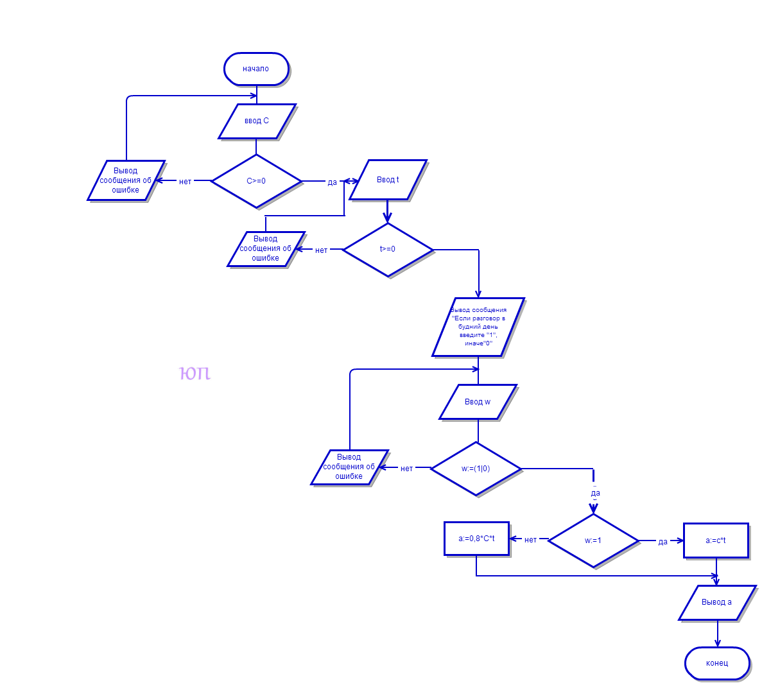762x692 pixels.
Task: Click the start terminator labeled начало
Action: [256, 69]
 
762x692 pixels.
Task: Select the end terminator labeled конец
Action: [717, 663]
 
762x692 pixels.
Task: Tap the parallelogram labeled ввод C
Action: [257, 121]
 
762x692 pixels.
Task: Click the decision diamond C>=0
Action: [256, 181]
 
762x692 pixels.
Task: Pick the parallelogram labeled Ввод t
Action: [388, 180]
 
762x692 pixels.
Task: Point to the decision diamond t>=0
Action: [388, 249]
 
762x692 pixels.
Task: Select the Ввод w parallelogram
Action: [478, 402]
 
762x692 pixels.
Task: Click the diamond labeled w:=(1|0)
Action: [476, 469]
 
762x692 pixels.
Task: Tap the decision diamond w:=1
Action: [593, 541]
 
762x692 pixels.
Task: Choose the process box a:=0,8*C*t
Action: [476, 539]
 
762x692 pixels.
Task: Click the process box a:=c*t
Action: [716, 541]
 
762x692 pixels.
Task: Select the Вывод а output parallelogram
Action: [716, 602]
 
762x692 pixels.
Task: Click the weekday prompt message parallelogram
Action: [478, 327]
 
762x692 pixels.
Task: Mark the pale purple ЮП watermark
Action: [195, 373]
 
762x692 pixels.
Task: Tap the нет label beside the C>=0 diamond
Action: [186, 182]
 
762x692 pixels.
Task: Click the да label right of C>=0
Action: [332, 182]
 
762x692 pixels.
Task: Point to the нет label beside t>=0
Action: [321, 250]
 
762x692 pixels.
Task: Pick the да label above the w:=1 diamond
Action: [596, 493]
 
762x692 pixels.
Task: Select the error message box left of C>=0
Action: [126, 180]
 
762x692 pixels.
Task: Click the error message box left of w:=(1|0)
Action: [349, 467]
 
